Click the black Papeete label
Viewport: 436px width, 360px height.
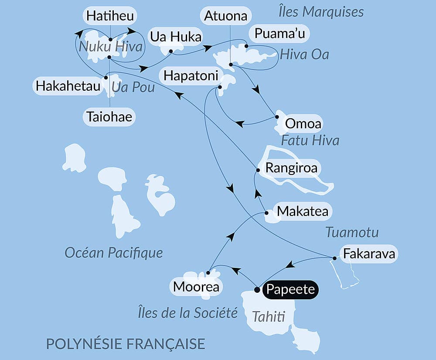pos(291,289)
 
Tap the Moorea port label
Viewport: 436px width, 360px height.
pos(195,287)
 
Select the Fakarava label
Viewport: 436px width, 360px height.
pos(369,254)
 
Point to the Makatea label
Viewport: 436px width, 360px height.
pos(303,212)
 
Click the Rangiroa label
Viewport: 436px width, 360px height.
pos(291,168)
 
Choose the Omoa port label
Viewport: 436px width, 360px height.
pos(303,124)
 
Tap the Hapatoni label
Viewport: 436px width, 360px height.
pos(191,76)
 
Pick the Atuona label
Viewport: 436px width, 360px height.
pos(226,16)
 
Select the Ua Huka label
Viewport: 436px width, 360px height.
pos(175,37)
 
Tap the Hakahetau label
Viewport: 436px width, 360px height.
pos(68,86)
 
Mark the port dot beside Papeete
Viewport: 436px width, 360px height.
pos(257,289)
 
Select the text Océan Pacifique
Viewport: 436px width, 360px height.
pos(113,252)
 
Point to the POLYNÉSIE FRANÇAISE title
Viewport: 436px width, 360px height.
pos(126,343)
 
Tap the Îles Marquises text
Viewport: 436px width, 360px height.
pos(321,12)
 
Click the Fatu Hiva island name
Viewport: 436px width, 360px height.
pos(310,141)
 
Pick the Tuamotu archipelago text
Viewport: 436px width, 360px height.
pos(352,233)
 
